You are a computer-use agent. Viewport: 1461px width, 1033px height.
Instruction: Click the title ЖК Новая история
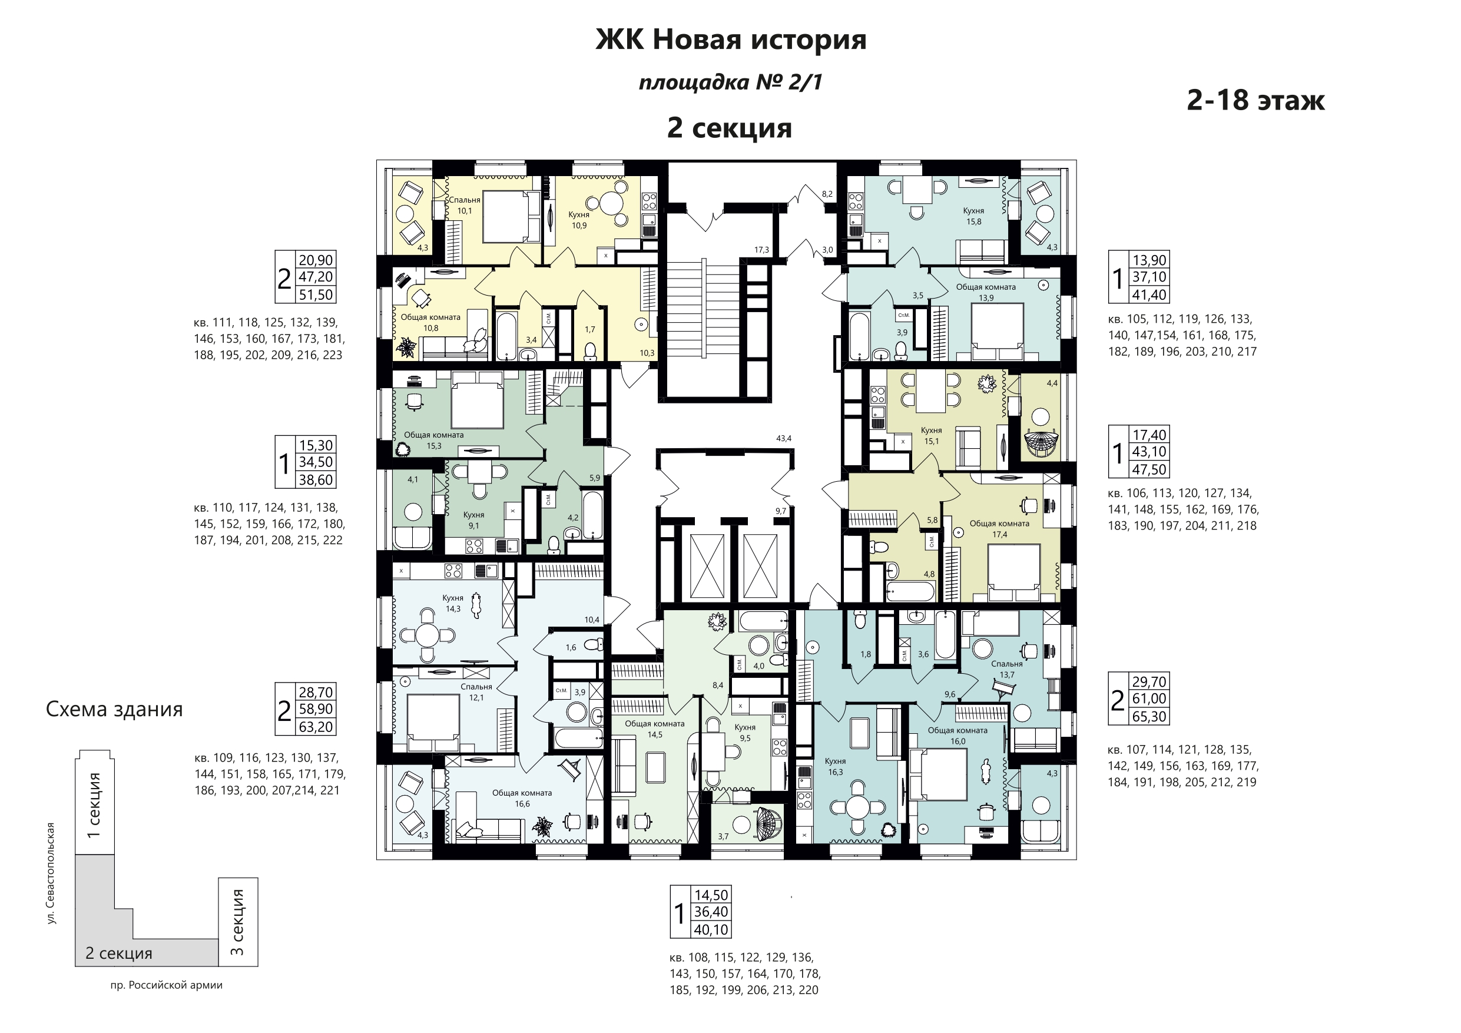pos(730,39)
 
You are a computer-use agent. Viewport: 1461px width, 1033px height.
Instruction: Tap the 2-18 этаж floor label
pos(1255,101)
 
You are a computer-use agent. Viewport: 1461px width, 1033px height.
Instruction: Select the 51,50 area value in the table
pos(316,294)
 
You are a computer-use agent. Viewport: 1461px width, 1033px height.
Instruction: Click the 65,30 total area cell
pos(1149,717)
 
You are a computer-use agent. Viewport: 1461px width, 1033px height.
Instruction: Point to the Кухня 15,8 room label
pos(973,216)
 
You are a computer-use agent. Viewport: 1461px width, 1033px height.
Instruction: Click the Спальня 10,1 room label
pos(465,206)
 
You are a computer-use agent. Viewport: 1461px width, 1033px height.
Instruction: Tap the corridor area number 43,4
pos(784,439)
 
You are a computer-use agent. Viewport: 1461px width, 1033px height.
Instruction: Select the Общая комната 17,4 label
pos(999,529)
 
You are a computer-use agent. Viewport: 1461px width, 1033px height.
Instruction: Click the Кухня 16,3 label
pos(836,766)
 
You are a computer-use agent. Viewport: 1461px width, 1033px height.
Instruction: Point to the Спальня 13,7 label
pos(1006,670)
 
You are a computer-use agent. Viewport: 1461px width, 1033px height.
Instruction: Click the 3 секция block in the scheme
pos(238,922)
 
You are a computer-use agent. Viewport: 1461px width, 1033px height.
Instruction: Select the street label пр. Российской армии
pos(167,985)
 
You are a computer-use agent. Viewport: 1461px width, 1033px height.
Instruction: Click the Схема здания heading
pos(115,709)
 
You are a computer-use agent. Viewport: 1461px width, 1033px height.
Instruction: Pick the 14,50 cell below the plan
pos(711,895)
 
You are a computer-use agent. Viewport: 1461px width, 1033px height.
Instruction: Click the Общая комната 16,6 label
pos(522,798)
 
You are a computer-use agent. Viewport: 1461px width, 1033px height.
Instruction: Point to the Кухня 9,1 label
pos(473,520)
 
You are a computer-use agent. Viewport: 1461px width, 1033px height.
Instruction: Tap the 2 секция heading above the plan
pos(729,128)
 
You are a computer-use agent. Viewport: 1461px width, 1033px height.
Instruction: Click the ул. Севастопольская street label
pos(51,873)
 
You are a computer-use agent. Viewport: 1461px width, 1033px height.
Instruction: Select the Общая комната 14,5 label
pos(655,729)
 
